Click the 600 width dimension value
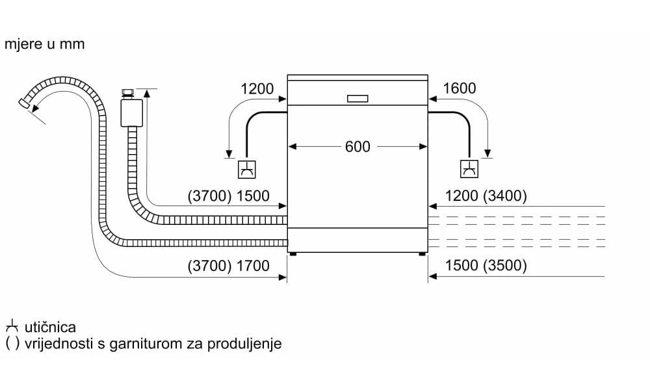[x=357, y=147]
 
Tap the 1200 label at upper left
[x=257, y=88]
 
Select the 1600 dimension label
[x=459, y=88]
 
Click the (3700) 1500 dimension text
[x=228, y=196]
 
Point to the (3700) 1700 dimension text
[x=228, y=266]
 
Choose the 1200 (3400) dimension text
[x=486, y=196]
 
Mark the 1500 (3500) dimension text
[x=486, y=266]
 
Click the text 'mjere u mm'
[x=44, y=45]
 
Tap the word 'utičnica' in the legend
[x=50, y=327]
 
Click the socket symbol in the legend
[x=12, y=326]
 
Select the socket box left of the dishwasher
[x=246, y=170]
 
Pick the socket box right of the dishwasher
[x=469, y=170]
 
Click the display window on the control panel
[x=357, y=99]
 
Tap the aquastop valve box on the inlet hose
[x=131, y=112]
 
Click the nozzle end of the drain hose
[x=24, y=103]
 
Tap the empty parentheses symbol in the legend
[x=12, y=344]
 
